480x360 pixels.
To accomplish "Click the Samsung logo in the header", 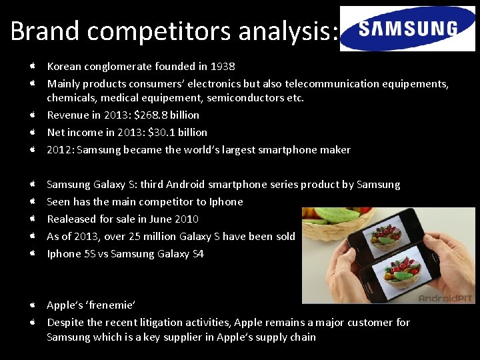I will [x=407, y=29].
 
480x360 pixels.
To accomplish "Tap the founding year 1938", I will [x=223, y=67].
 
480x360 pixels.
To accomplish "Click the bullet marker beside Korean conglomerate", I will [x=32, y=67].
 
